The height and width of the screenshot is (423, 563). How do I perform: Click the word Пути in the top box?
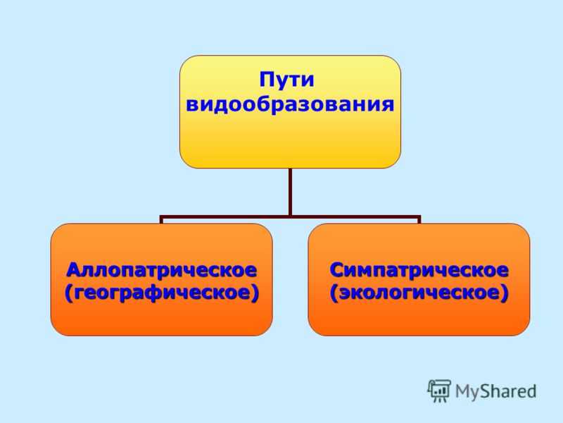(286, 80)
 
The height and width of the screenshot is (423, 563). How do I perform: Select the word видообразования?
(290, 104)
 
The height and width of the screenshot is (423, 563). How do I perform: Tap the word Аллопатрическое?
(162, 271)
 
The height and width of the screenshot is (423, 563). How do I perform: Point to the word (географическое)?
(162, 293)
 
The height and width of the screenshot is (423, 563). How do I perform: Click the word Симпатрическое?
(419, 271)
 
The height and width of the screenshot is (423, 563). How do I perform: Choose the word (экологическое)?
(419, 293)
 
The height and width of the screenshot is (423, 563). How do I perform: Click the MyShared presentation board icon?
(439, 391)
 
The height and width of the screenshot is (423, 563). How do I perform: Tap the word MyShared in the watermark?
(496, 391)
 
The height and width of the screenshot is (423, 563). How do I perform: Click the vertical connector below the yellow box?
(290, 192)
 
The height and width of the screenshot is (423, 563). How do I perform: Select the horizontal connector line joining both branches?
(290, 217)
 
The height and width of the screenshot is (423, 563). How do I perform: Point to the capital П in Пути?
(266, 80)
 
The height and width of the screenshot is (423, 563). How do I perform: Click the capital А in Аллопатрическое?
(74, 270)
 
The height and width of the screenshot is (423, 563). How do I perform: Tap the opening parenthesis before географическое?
(68, 293)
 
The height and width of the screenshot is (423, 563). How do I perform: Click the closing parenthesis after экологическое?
(505, 293)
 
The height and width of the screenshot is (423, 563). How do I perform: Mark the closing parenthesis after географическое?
(255, 293)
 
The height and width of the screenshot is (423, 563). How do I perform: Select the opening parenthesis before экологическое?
(333, 293)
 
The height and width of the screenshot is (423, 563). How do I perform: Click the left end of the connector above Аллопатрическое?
(162, 223)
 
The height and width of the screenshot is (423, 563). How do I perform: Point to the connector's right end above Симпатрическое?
(419, 223)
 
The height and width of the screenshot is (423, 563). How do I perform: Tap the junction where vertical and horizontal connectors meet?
(290, 217)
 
